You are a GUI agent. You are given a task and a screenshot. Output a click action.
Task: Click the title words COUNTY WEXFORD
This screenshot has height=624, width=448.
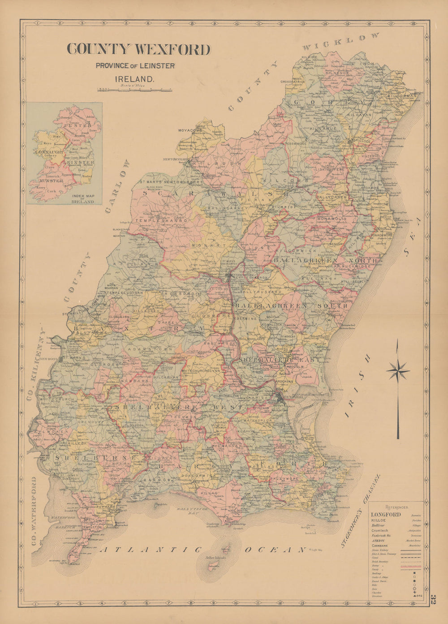pyautogui.click(x=138, y=50)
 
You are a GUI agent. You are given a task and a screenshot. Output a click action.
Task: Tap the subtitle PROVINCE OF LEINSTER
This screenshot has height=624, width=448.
pyautogui.click(x=135, y=66)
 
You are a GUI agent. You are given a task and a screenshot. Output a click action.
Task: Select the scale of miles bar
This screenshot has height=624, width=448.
pyautogui.click(x=135, y=89)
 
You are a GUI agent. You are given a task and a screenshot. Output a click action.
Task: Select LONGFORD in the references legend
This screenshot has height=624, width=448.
pyautogui.click(x=386, y=515)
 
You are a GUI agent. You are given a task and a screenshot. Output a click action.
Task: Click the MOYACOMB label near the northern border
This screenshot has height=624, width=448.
pyautogui.click(x=190, y=130)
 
